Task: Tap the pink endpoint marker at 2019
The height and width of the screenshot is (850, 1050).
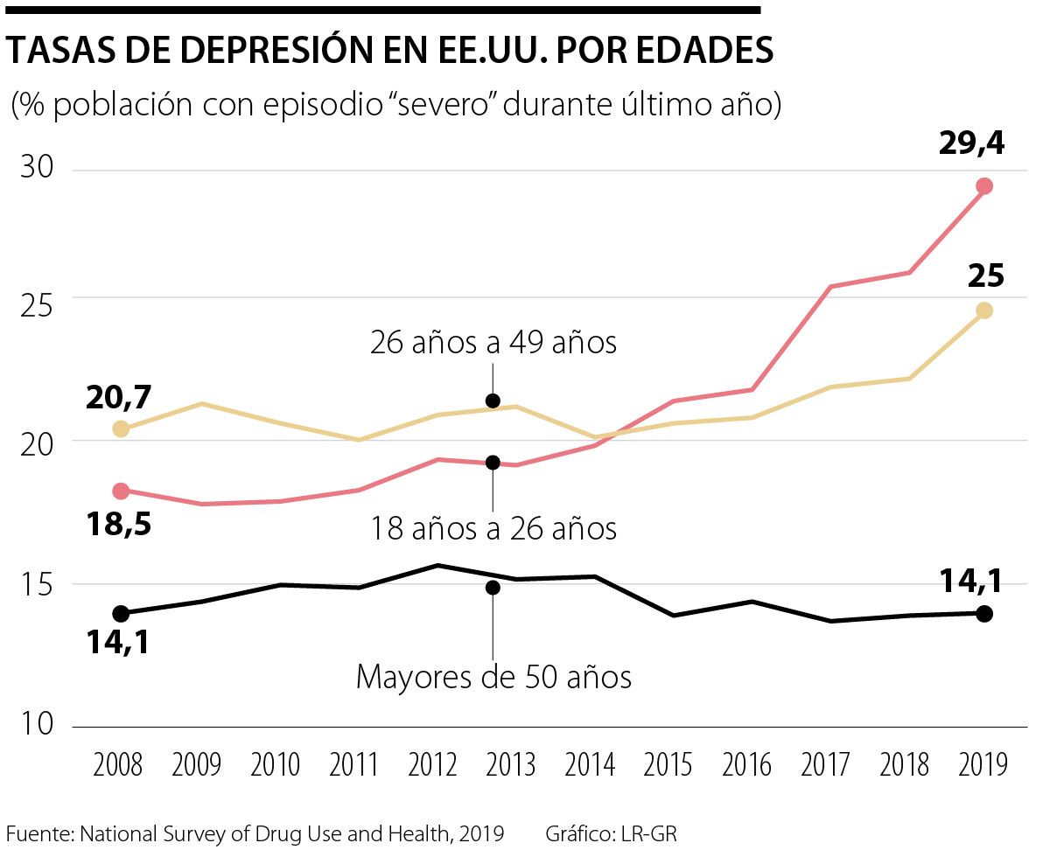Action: click(x=983, y=186)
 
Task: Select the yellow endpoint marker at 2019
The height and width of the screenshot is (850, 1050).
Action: click(x=983, y=310)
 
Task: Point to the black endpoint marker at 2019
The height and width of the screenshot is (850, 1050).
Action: click(x=983, y=614)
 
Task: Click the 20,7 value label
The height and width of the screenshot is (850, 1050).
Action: click(x=119, y=399)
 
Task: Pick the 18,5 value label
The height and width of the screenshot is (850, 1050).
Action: click(x=119, y=525)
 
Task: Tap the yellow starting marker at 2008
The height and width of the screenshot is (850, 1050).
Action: click(x=122, y=428)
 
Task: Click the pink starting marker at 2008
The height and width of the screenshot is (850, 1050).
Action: click(x=122, y=491)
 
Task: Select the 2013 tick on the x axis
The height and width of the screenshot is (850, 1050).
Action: click(x=511, y=765)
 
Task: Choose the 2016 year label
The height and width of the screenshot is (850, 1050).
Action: click(x=747, y=765)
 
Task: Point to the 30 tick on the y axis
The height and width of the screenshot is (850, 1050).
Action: click(x=38, y=169)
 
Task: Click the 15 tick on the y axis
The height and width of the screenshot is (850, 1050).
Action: click(x=38, y=583)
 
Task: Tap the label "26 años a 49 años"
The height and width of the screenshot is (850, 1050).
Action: click(x=493, y=343)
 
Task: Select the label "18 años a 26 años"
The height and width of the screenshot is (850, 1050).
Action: click(x=493, y=528)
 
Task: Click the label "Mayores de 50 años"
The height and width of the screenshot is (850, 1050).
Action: click(x=493, y=678)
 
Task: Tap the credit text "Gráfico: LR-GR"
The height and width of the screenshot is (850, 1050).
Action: click(x=611, y=833)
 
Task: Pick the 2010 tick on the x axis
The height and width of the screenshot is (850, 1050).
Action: click(x=275, y=765)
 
